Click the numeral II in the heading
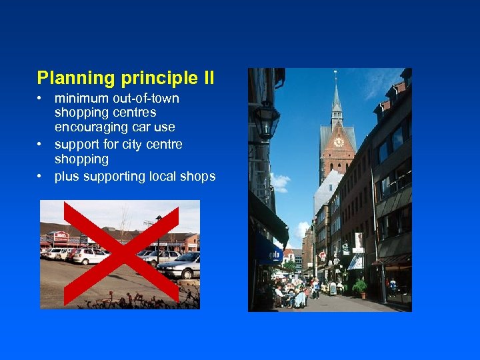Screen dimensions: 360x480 click(x=207, y=79)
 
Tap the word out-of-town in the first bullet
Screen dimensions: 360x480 click(x=146, y=99)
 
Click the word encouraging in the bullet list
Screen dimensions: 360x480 click(x=89, y=127)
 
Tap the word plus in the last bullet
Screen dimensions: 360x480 click(x=66, y=176)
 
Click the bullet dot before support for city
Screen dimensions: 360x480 click(x=41, y=145)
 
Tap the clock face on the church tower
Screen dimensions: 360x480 click(x=339, y=141)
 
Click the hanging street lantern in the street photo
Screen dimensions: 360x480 click(x=267, y=120)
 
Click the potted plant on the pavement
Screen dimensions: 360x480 click(x=361, y=287)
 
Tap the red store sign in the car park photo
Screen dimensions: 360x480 click(x=61, y=236)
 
